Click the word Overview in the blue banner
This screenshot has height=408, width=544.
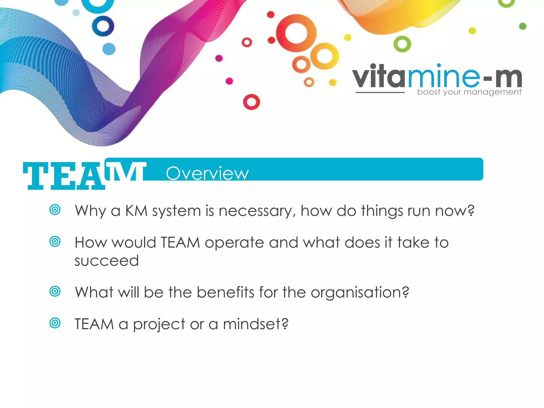[x=207, y=173]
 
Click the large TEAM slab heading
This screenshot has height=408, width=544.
[x=84, y=176]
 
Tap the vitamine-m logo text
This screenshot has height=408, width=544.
[x=437, y=77]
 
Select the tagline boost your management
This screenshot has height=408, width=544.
[x=469, y=92]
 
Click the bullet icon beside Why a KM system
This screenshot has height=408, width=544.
[x=55, y=210]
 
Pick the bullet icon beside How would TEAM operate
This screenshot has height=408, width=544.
[x=55, y=241]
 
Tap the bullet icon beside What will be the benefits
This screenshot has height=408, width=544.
[x=55, y=291]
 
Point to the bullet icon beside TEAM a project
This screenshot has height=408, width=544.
[x=55, y=323]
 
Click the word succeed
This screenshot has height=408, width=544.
[x=107, y=261]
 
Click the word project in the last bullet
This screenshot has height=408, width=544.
[x=159, y=325]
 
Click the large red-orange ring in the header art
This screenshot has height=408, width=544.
[x=296, y=33]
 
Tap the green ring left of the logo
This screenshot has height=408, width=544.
[x=402, y=44]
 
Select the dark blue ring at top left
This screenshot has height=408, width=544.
[x=103, y=26]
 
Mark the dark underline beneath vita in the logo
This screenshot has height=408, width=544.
[x=380, y=93]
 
